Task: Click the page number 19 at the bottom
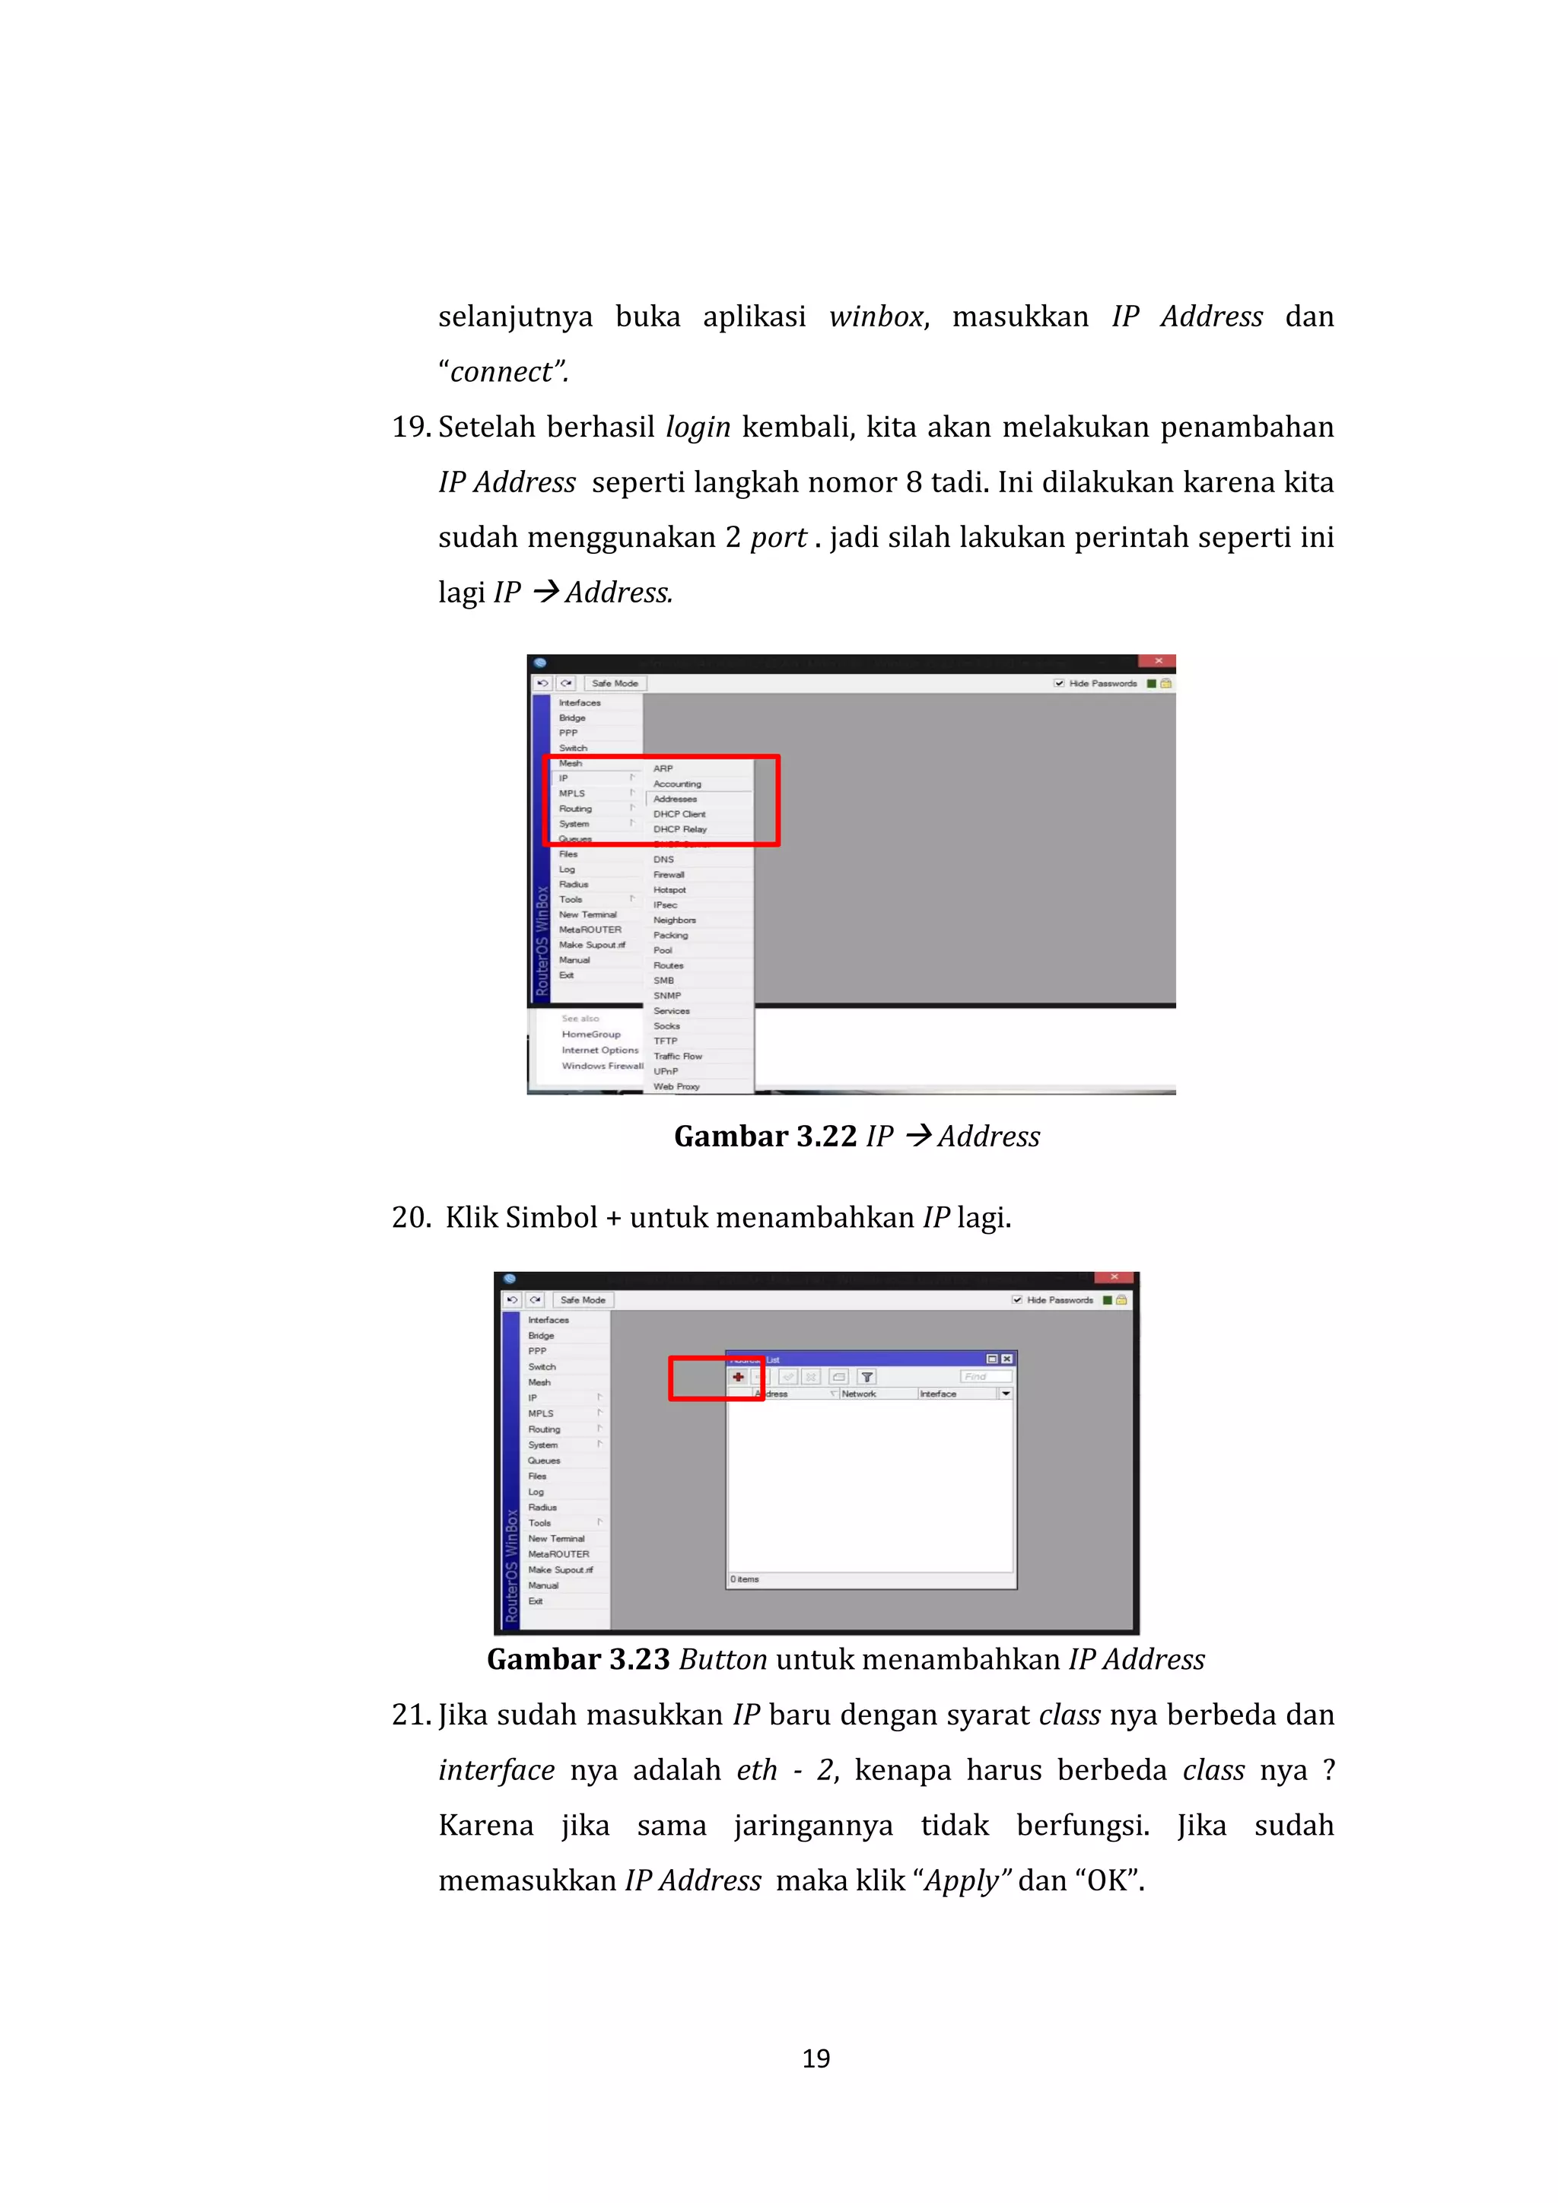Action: click(816, 2058)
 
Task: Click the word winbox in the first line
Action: click(876, 316)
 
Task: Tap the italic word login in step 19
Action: click(698, 427)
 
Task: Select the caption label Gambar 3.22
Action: click(765, 1136)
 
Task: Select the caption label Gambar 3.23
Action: click(577, 1659)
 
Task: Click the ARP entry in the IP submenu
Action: click(663, 768)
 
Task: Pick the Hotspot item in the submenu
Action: click(669, 889)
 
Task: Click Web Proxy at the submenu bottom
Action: click(676, 1086)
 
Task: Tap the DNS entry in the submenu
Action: click(664, 860)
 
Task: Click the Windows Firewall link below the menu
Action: click(603, 1066)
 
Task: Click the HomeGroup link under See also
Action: click(591, 1035)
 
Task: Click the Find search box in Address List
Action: click(984, 1376)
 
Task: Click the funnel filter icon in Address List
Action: click(867, 1377)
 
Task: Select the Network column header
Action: click(859, 1393)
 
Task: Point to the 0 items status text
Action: click(745, 1578)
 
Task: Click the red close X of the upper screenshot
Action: click(1158, 661)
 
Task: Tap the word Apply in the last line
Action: click(966, 1880)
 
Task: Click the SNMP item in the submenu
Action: click(666, 996)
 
